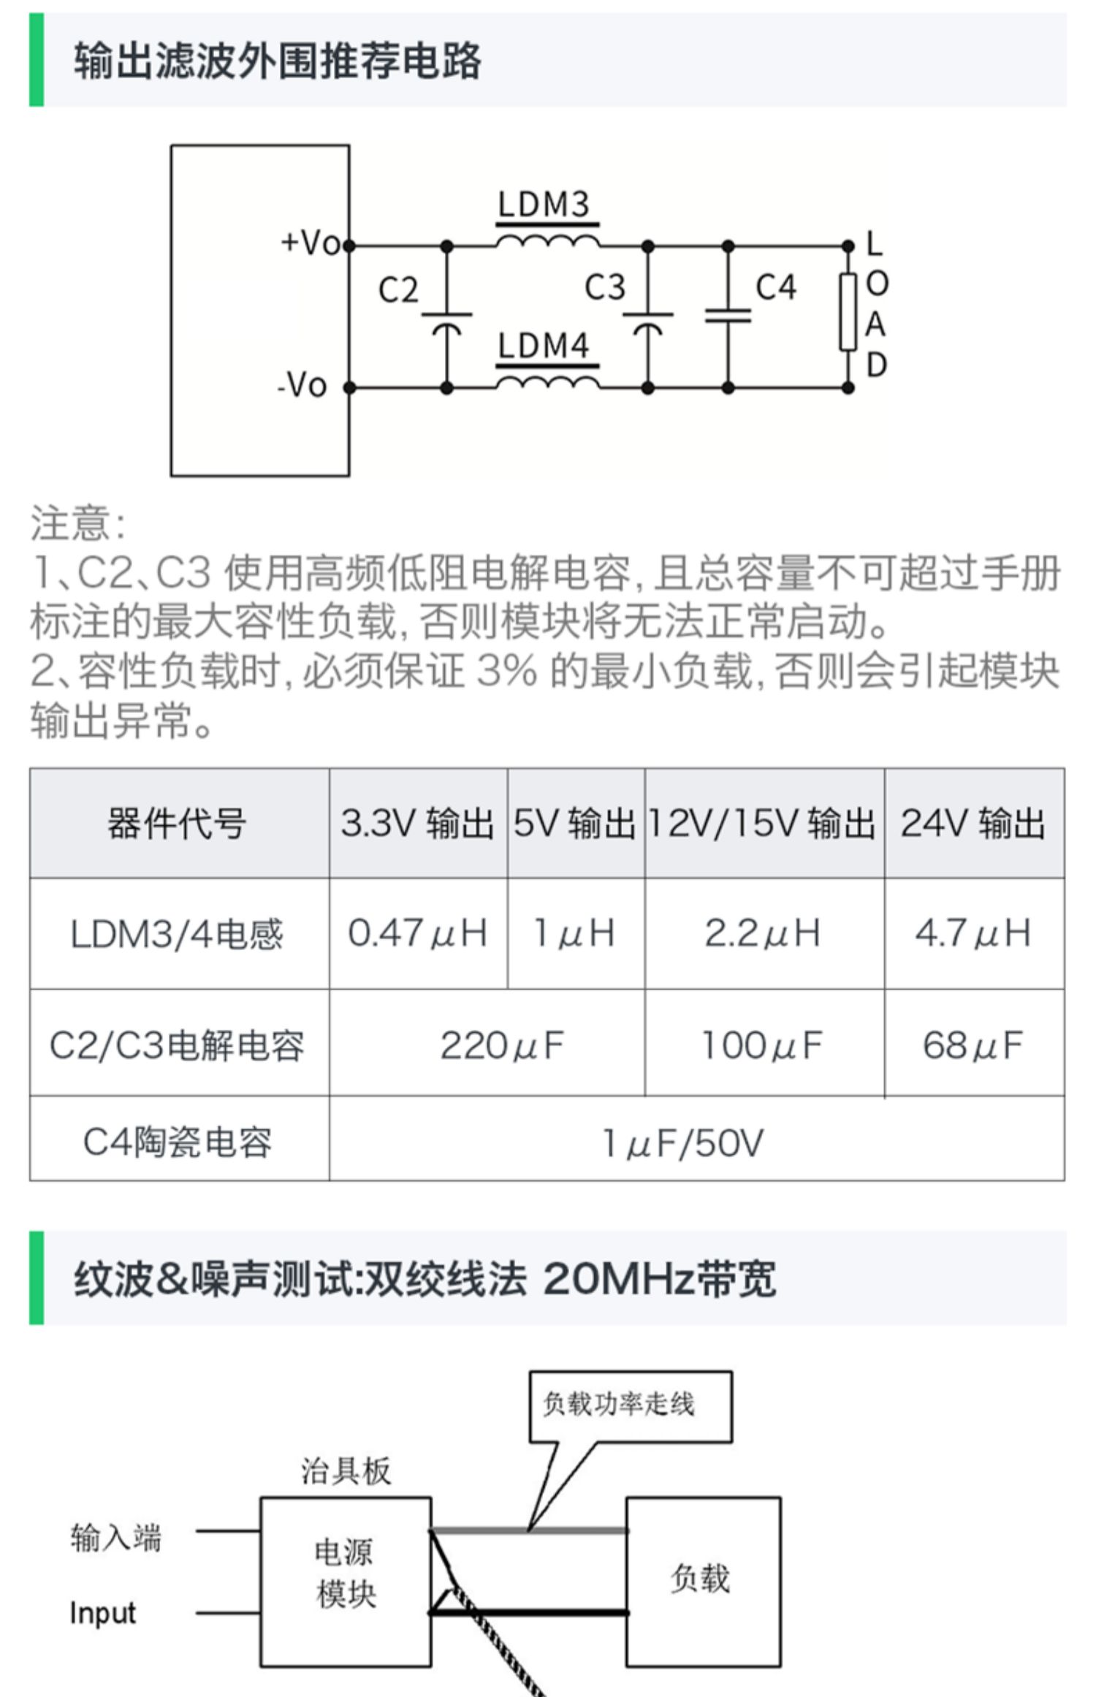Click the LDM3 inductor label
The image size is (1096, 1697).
pos(543,204)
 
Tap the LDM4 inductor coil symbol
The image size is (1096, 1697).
pos(547,383)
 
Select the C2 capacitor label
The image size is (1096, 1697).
pos(398,290)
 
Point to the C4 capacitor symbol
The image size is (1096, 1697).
pos(728,315)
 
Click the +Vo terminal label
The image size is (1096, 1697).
pos(310,243)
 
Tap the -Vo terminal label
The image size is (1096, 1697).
pos(302,385)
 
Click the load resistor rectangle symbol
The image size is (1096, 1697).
pos(848,312)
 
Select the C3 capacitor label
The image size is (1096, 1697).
pos(605,287)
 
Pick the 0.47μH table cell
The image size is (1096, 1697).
pos(417,933)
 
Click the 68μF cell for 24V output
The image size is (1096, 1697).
pos(973,1045)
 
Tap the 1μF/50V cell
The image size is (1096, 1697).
pos(682,1143)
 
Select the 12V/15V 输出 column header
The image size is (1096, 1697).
pos(762,824)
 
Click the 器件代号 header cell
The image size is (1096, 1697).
pos(177,824)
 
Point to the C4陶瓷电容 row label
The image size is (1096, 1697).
pos(177,1142)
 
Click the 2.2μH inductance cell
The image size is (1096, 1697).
pos(762,933)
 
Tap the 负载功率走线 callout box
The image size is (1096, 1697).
pos(630,1405)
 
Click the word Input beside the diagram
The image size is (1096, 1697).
pos(103,1613)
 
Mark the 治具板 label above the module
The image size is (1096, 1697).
pos(346,1471)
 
